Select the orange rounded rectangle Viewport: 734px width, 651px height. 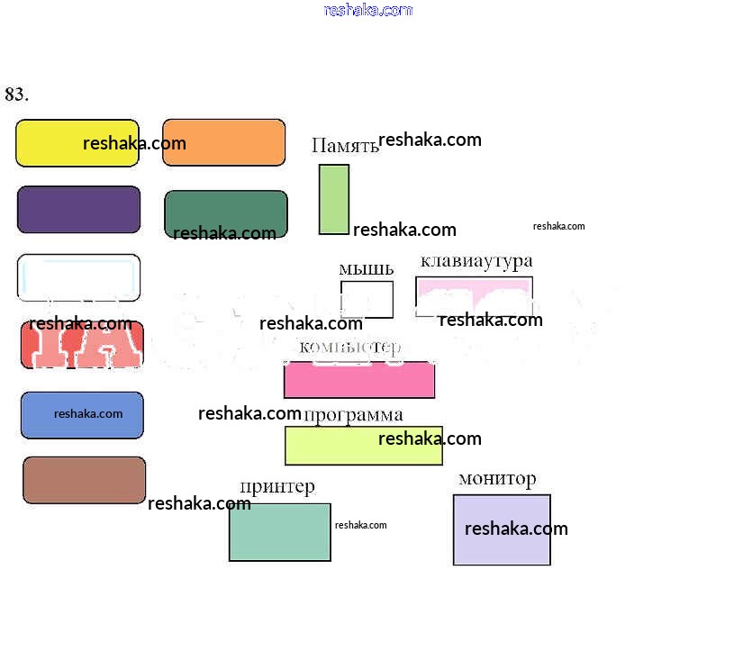pyautogui.click(x=223, y=142)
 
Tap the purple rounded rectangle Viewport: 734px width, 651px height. pyautogui.click(x=78, y=210)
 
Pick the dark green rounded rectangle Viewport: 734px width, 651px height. pyautogui.click(x=225, y=214)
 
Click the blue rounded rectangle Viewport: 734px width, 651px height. pyautogui.click(x=82, y=415)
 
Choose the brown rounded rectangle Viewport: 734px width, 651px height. pyautogui.click(x=84, y=480)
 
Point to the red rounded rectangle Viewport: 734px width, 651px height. pyautogui.click(x=82, y=345)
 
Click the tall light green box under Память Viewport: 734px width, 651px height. pyautogui.click(x=333, y=199)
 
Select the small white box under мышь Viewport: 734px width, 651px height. pyautogui.click(x=367, y=299)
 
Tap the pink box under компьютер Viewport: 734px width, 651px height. pyautogui.click(x=359, y=379)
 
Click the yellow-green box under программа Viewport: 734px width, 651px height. pyautogui.click(x=363, y=446)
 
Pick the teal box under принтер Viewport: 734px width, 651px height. pyautogui.click(x=279, y=532)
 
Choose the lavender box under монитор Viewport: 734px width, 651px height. pyautogui.click(x=502, y=529)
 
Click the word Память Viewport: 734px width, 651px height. pyautogui.click(x=345, y=146)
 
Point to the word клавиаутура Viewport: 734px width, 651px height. pyautogui.click(x=476, y=261)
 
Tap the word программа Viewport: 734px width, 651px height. pyautogui.click(x=353, y=415)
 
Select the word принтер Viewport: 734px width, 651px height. pyautogui.click(x=277, y=487)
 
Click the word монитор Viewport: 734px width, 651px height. pyautogui.click(x=497, y=479)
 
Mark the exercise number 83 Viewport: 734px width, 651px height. pyautogui.click(x=16, y=95)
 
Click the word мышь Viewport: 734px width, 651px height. pyautogui.click(x=366, y=268)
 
